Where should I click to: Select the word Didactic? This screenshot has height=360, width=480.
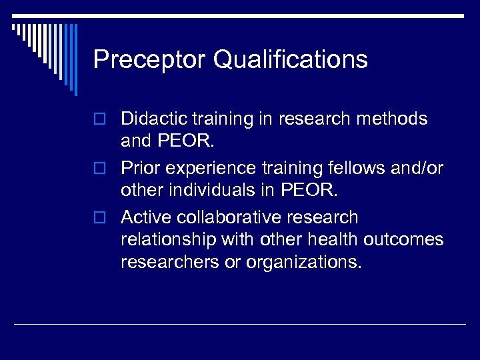click(x=153, y=119)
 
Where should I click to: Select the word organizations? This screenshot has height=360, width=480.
click(x=304, y=262)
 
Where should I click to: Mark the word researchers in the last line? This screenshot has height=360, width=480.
click(x=173, y=262)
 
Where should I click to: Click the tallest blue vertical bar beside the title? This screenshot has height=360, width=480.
click(x=75, y=59)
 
